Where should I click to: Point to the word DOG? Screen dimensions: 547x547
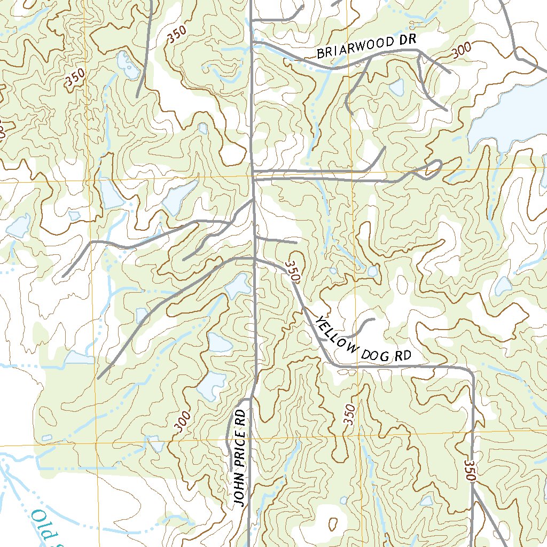[377, 353]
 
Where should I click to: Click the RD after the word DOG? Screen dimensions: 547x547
[404, 356]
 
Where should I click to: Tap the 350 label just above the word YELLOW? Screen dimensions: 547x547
[294, 271]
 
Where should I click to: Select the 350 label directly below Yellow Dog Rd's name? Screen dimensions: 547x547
[349, 415]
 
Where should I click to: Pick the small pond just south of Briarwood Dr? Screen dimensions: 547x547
[397, 87]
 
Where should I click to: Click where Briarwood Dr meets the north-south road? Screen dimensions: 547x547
[253, 42]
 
